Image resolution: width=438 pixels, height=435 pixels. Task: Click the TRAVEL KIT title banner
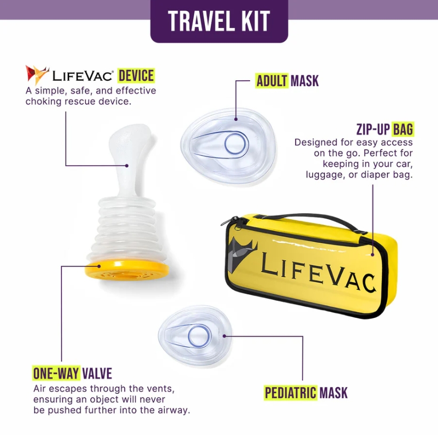(x=219, y=21)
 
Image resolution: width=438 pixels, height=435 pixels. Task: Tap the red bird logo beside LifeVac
(x=37, y=75)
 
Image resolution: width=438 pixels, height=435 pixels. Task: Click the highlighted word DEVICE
(x=136, y=75)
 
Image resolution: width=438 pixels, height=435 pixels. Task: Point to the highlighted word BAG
(x=403, y=129)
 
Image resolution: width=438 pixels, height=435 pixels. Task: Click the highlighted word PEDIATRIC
(x=291, y=393)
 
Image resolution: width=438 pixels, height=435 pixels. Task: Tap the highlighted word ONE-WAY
(x=56, y=372)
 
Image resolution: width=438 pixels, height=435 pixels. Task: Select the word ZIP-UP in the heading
(x=373, y=129)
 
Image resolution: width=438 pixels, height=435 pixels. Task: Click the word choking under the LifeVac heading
(x=42, y=101)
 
